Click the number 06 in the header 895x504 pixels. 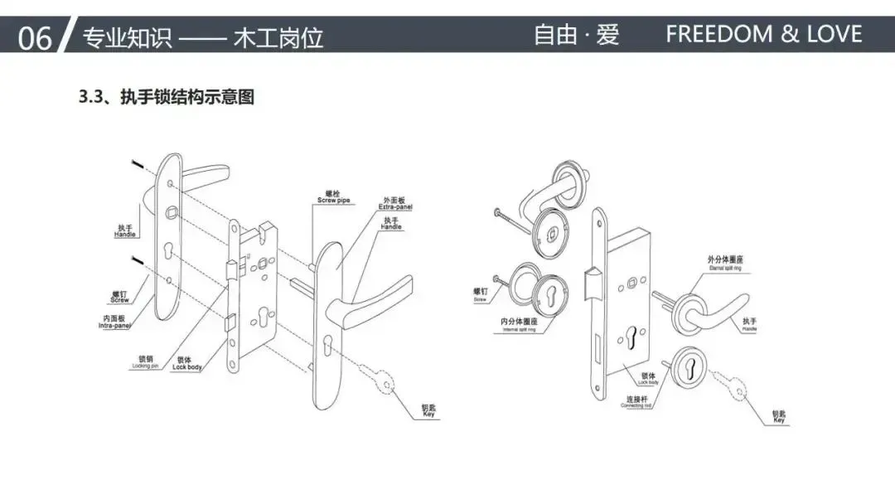click(34, 37)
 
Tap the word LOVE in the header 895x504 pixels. click(831, 35)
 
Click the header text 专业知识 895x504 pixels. click(124, 37)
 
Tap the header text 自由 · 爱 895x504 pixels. click(576, 35)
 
